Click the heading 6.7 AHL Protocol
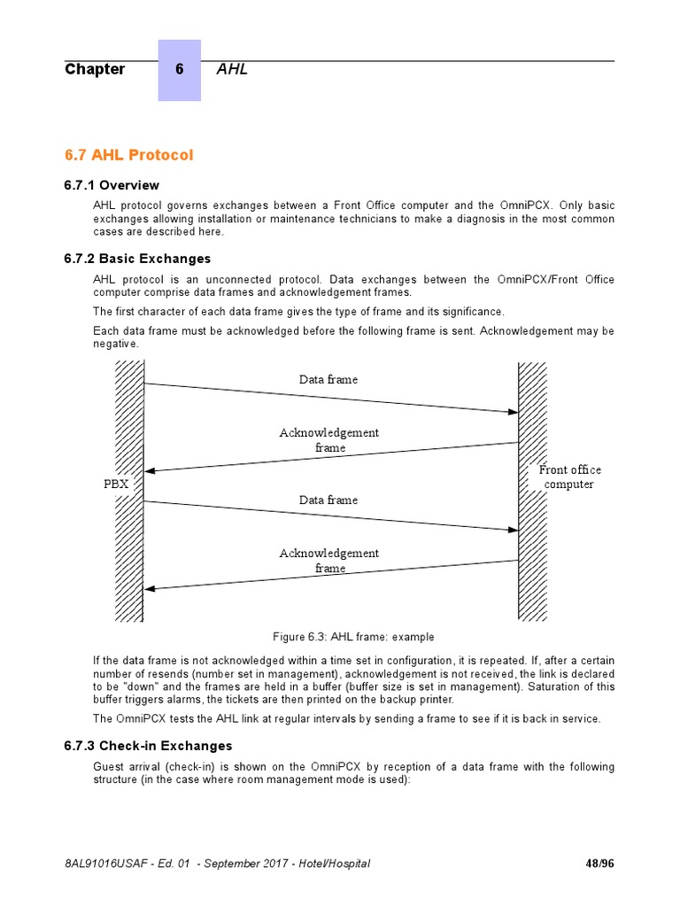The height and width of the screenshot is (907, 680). click(128, 155)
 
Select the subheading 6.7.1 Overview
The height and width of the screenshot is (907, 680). click(112, 185)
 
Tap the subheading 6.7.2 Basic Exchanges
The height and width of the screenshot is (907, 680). click(137, 259)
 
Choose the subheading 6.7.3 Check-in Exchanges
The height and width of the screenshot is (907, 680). click(148, 746)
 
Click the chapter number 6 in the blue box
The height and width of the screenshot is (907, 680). click(179, 70)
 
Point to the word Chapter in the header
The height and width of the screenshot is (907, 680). click(95, 70)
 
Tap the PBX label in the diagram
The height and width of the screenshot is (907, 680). click(116, 485)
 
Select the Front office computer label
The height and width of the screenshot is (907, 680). click(569, 477)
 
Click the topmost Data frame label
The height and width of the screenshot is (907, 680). click(328, 380)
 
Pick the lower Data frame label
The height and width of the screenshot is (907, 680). click(328, 500)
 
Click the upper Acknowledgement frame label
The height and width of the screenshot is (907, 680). click(329, 440)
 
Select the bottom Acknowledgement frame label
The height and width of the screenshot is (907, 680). click(329, 561)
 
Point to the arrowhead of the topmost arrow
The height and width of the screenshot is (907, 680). click(512, 412)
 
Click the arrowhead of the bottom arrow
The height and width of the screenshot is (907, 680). click(151, 588)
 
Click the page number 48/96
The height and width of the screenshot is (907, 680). click(599, 864)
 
